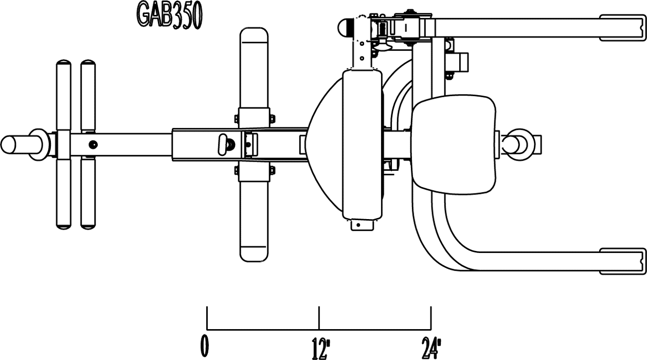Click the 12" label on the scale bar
pos(320,349)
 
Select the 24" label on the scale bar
pos(432,349)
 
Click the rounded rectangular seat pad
pos(455,145)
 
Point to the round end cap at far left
pos(8,145)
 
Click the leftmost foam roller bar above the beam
pos(64,95)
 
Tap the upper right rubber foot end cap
pos(622,27)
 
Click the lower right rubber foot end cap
pos(622,261)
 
